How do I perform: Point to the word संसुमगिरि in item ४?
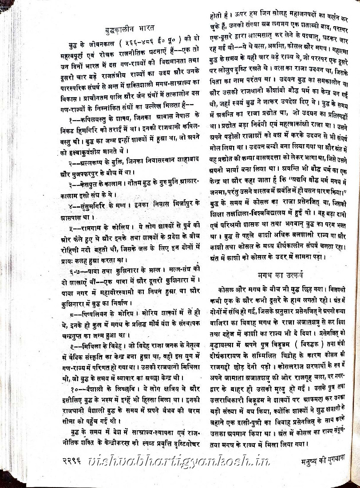[x=95, y=206]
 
